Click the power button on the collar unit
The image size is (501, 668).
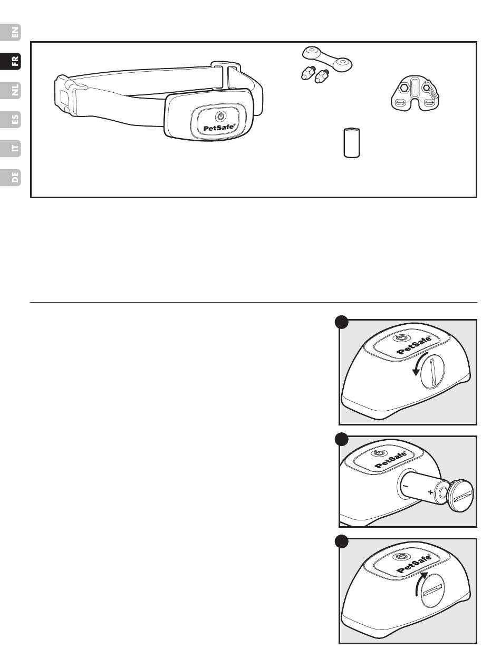(x=221, y=117)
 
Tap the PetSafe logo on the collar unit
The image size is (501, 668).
(x=219, y=128)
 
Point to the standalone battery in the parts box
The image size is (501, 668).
(x=352, y=143)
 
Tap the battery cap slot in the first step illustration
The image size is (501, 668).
(x=432, y=373)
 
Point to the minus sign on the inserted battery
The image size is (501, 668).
(x=406, y=486)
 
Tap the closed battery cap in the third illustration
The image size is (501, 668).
(x=432, y=590)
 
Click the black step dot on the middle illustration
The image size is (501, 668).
(x=341, y=439)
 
